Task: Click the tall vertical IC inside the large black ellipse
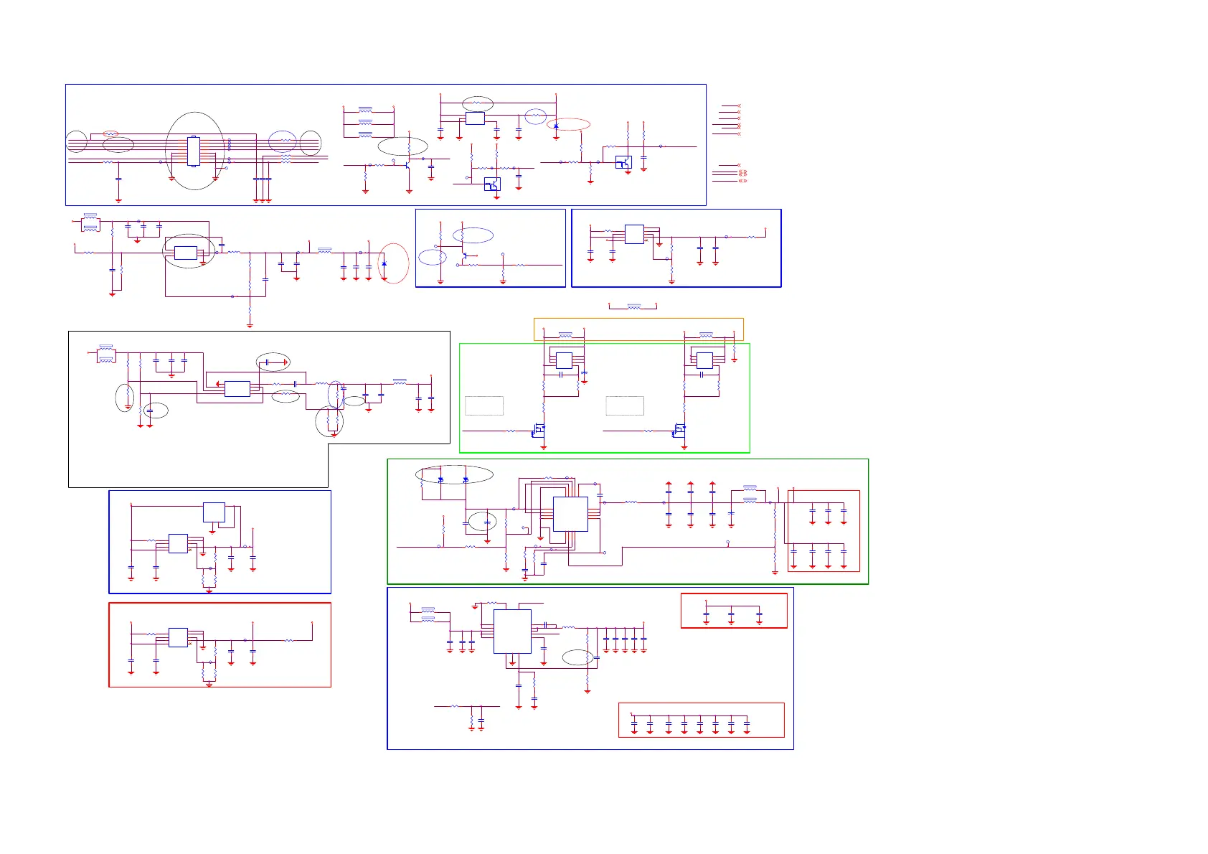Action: click(x=193, y=151)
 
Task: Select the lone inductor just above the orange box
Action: click(x=633, y=306)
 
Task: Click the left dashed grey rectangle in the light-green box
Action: click(x=484, y=405)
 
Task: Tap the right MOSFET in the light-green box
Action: click(x=679, y=431)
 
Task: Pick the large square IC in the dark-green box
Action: click(x=570, y=514)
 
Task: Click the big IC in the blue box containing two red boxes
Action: click(x=512, y=631)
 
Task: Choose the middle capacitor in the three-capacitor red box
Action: click(x=731, y=614)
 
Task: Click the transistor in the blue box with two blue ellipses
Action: click(x=466, y=255)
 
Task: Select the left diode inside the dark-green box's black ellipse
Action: click(x=440, y=479)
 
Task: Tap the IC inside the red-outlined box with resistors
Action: click(x=178, y=637)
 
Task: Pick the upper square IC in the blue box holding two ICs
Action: click(x=214, y=512)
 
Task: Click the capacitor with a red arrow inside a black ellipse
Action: click(x=267, y=362)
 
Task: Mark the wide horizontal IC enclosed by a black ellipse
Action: click(x=186, y=253)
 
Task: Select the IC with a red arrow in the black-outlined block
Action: click(x=237, y=389)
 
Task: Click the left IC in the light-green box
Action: click(x=564, y=360)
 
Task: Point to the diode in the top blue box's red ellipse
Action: click(x=556, y=126)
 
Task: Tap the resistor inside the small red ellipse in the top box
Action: click(x=110, y=133)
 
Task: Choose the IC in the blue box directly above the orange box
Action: click(x=634, y=234)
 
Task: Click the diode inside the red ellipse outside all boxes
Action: click(x=384, y=264)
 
